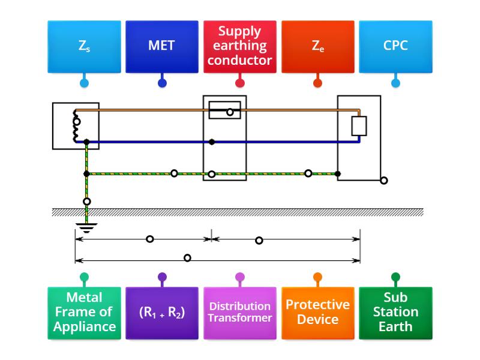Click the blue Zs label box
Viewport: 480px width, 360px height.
(84, 46)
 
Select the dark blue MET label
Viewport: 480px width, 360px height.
(161, 46)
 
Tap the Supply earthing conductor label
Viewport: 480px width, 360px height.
(240, 46)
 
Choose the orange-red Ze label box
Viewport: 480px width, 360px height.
(317, 46)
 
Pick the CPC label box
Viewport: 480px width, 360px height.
(395, 46)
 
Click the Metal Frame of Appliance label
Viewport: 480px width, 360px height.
(84, 313)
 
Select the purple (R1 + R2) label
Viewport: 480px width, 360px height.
(161, 313)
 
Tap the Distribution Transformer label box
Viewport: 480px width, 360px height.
(240, 313)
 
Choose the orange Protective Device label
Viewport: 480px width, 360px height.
(317, 313)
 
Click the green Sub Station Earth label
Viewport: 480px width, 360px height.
(395, 313)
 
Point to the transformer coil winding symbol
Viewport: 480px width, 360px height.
(76, 126)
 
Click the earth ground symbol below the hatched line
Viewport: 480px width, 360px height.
(88, 227)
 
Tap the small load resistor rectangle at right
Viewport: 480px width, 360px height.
(359, 126)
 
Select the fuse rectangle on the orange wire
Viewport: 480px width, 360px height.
(224, 110)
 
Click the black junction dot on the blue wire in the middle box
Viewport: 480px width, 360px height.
(212, 142)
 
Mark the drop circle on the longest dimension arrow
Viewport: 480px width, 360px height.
(187, 258)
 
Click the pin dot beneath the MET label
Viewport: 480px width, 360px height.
(161, 83)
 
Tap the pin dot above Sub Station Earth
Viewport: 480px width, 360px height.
(395, 277)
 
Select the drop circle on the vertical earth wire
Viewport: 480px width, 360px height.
(88, 202)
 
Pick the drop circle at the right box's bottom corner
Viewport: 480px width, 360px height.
(384, 180)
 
